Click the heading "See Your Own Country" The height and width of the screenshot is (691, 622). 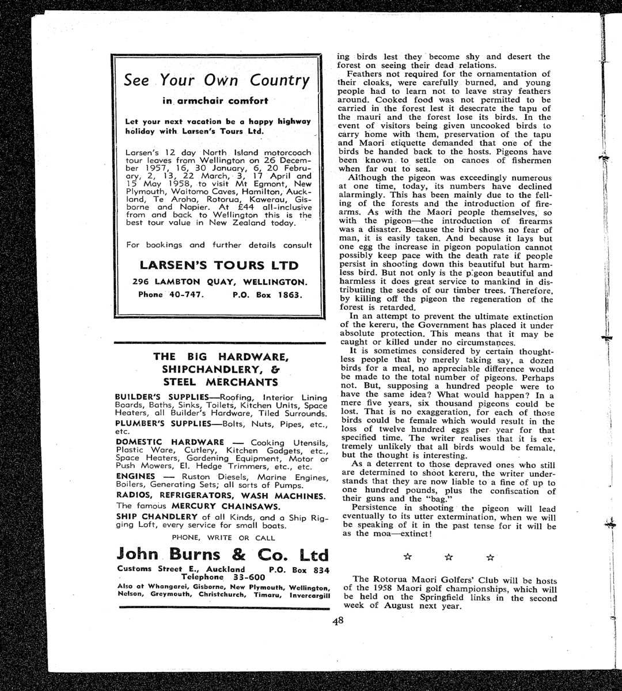pos(217,80)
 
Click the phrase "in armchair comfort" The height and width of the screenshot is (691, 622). pos(215,101)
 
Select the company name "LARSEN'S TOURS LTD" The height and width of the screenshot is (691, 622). pos(219,265)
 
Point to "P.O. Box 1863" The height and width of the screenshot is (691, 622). pos(268,294)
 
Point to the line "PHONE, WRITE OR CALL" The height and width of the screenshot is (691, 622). pos(223,538)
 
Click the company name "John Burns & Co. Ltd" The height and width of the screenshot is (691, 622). pos(222,555)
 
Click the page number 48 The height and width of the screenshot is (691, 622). pos(337,621)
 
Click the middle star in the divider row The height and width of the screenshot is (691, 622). pos(449,557)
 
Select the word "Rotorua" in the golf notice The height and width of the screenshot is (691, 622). pos(393,580)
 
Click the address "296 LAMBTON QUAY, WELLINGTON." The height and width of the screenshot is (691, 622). pos(219,282)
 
